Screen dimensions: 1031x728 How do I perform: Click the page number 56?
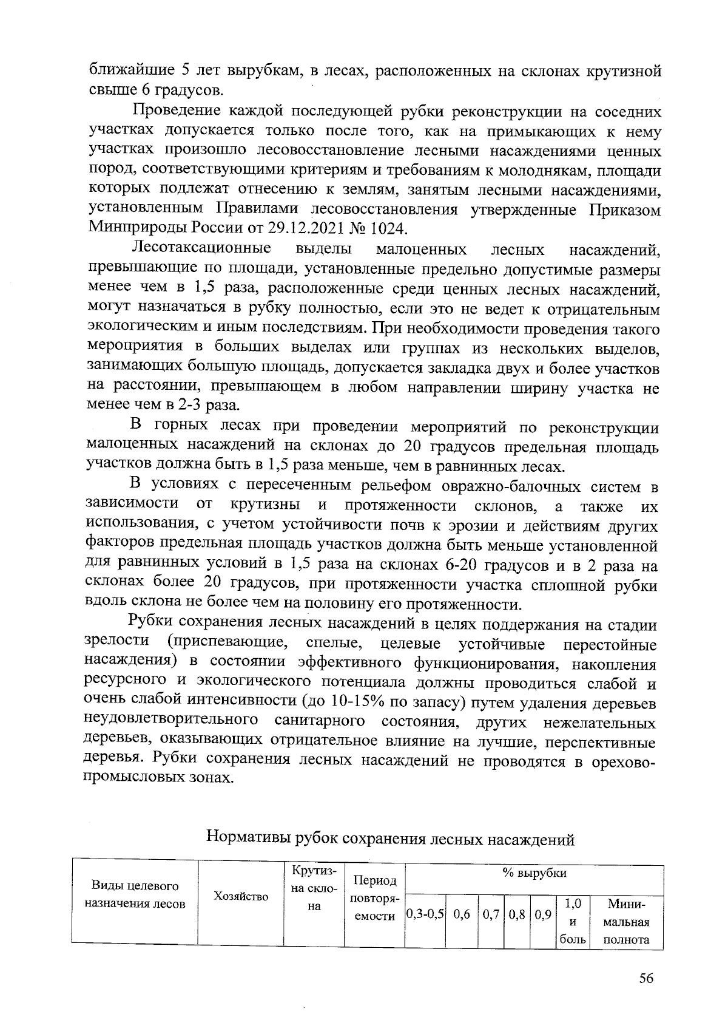click(x=645, y=978)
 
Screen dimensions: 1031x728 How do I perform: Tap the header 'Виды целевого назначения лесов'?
click(x=135, y=894)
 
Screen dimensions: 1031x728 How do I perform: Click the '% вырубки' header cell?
click(x=534, y=873)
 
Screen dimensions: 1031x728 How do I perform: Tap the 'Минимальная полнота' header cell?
click(x=626, y=922)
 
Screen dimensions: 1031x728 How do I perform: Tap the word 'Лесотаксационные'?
click(x=201, y=248)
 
